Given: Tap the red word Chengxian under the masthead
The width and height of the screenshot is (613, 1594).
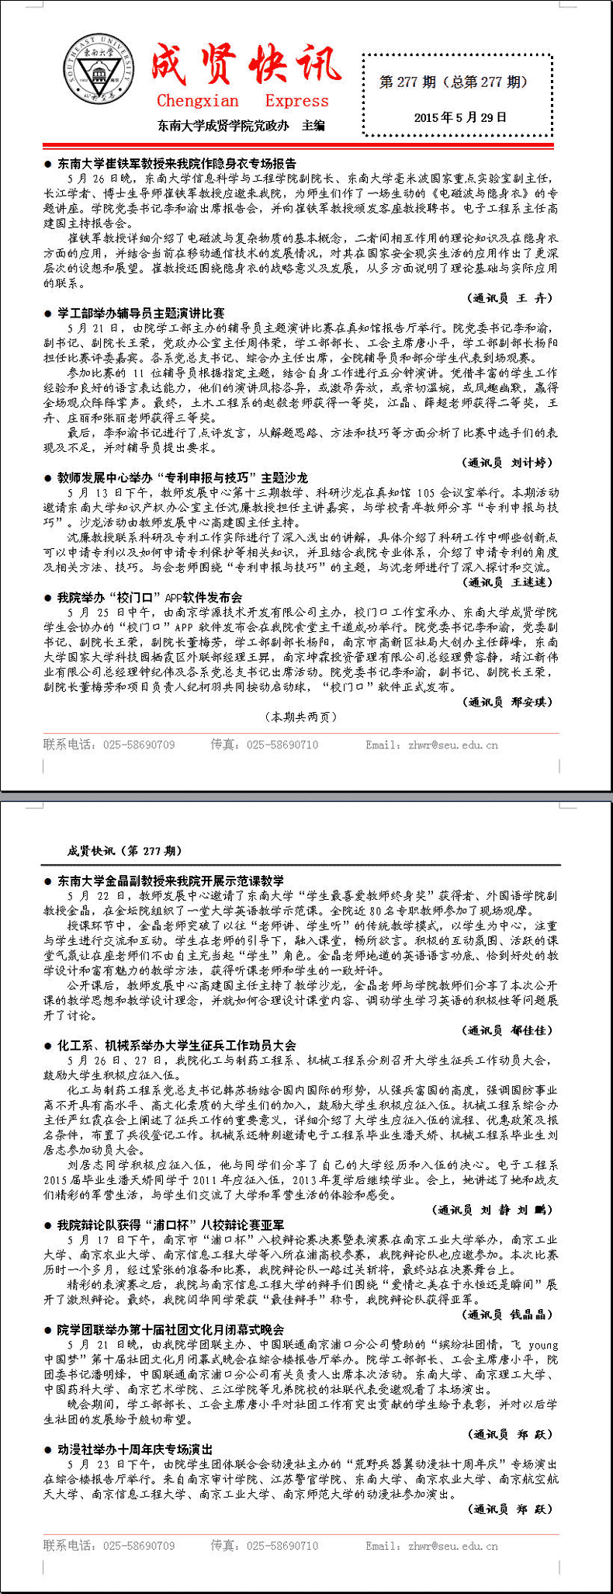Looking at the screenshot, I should click(198, 101).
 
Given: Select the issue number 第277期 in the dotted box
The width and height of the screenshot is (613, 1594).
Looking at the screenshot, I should click(407, 82).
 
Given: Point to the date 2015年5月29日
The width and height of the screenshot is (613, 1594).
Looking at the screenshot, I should click(459, 118).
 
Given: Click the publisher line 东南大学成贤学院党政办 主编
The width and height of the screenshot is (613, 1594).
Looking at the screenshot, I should click(241, 125).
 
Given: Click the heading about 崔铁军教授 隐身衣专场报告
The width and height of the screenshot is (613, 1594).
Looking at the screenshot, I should click(176, 164).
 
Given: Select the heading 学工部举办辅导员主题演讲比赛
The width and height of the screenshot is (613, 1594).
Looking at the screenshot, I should click(140, 313).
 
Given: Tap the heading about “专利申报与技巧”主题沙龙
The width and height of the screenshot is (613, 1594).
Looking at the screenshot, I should click(182, 478).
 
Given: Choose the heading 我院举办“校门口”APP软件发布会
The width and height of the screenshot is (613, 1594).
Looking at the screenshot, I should click(150, 597).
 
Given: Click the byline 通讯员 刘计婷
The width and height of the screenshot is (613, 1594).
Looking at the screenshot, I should click(510, 463).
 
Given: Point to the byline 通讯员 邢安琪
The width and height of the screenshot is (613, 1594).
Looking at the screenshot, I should click(510, 702).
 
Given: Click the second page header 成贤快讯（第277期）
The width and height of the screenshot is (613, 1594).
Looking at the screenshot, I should click(125, 851).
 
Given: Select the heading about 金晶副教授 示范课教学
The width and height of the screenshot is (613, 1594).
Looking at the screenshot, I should click(170, 880).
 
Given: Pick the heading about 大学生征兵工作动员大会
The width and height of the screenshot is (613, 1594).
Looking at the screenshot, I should click(176, 1045).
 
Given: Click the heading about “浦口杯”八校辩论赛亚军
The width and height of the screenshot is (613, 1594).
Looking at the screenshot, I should click(170, 1225).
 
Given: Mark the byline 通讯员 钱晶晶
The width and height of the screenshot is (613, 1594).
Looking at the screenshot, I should click(510, 1314).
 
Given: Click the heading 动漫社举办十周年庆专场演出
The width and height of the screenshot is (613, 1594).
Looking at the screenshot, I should click(134, 1449).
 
